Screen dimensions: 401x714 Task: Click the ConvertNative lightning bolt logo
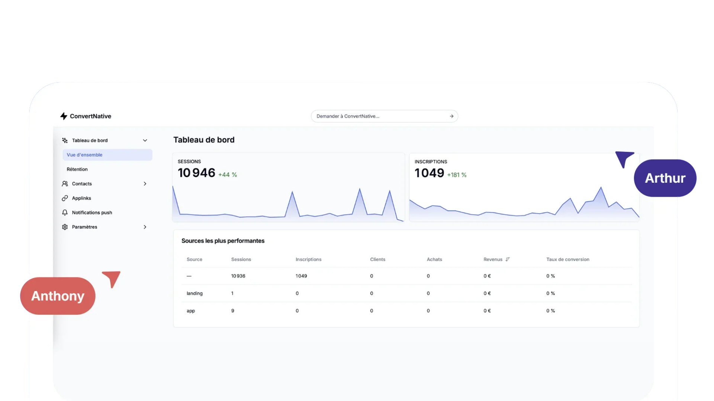tap(64, 116)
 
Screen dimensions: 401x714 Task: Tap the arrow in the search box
tap(451, 116)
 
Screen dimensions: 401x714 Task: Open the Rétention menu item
tap(77, 169)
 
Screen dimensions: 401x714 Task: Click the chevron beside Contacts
tap(145, 184)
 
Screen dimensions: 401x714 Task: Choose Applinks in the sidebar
tap(81, 198)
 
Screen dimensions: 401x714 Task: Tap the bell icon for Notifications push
tap(65, 213)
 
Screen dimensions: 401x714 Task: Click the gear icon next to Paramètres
tap(65, 227)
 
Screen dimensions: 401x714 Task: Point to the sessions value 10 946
tap(196, 173)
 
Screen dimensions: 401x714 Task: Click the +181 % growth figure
tap(457, 175)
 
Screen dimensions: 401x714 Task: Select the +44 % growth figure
tap(228, 175)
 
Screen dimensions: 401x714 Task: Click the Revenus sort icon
tap(508, 260)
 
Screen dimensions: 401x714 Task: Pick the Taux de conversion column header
tap(567, 260)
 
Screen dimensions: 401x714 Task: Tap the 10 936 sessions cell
tap(238, 276)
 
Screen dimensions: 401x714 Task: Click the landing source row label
tap(194, 294)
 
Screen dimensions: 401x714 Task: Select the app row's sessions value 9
tap(233, 311)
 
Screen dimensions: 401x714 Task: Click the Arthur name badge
tap(665, 178)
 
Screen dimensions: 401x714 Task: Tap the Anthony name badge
tap(58, 296)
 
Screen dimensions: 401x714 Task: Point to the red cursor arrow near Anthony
tap(113, 278)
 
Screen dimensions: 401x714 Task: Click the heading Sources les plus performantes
tap(223, 241)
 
